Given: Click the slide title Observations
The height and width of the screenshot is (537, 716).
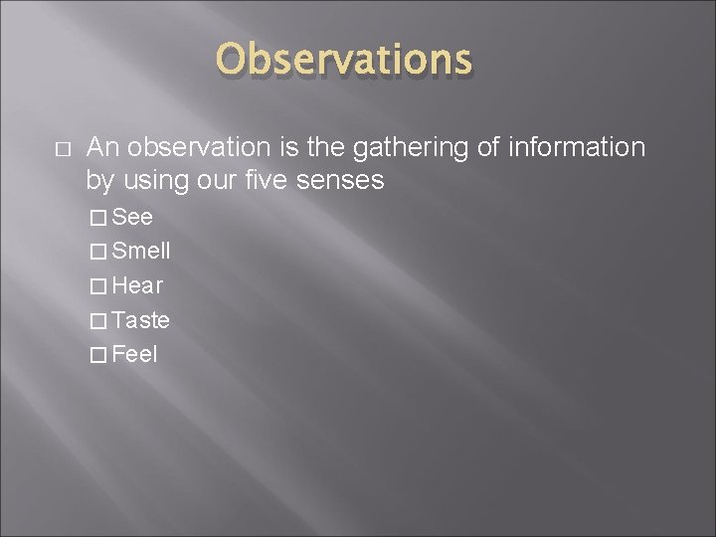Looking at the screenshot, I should click(x=344, y=60).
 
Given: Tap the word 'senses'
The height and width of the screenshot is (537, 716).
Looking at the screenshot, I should click(x=347, y=181).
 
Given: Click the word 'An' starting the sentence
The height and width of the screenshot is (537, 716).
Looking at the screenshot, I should click(x=103, y=148).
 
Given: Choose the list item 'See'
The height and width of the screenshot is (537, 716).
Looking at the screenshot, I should click(x=132, y=218).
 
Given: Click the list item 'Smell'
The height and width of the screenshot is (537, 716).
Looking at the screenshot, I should click(x=141, y=252).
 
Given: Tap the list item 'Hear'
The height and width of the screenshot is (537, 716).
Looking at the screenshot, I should click(x=138, y=286).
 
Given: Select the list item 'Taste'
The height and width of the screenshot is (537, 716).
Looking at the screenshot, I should click(x=141, y=320).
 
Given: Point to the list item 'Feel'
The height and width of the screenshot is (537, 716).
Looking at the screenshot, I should click(x=135, y=354).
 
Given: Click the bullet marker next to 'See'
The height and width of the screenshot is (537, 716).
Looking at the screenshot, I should click(x=96, y=218).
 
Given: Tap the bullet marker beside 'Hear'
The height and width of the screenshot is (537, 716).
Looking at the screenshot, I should click(x=96, y=286).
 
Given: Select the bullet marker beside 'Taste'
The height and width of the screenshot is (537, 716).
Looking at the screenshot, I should click(x=96, y=320).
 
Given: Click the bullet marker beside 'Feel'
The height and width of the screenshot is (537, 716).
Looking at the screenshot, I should click(x=96, y=355).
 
